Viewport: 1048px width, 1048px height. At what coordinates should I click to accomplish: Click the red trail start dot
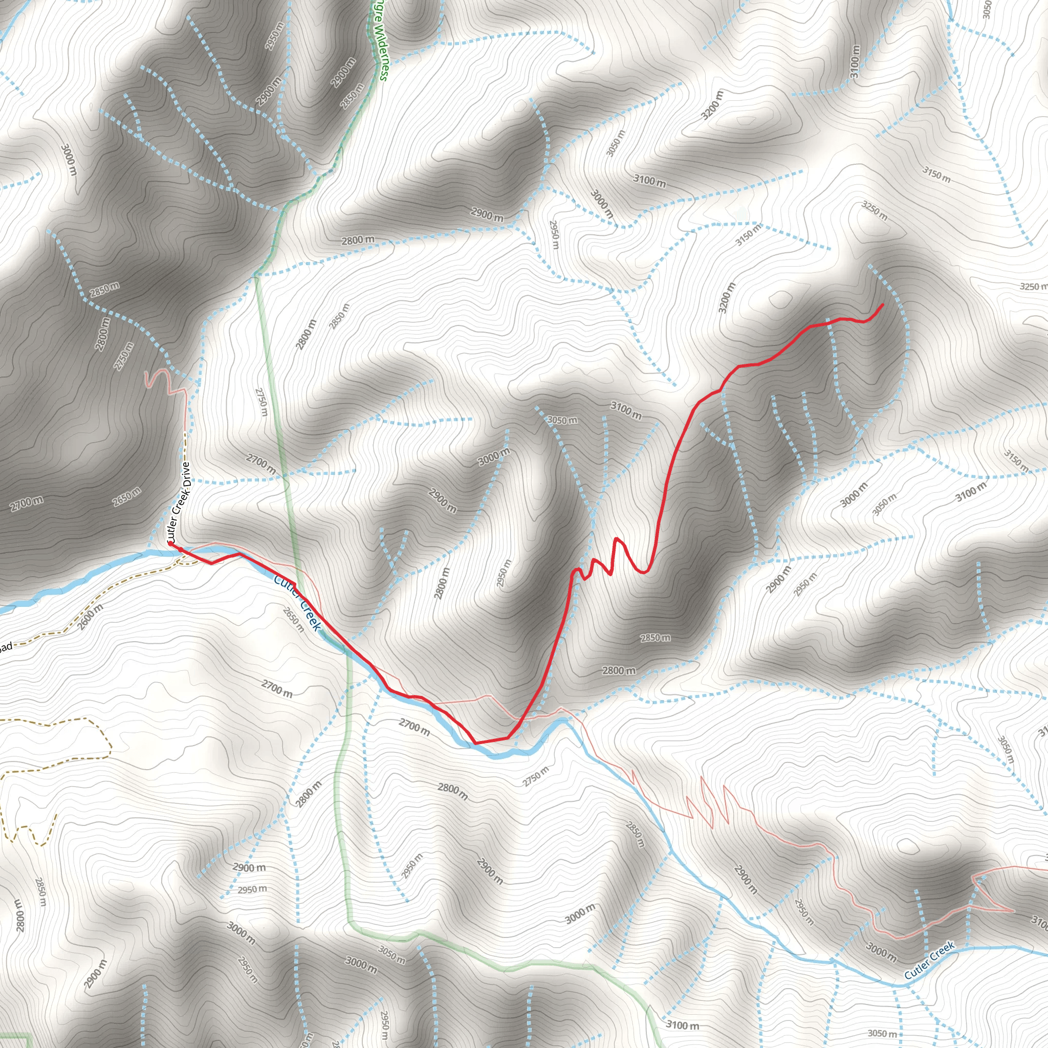(170, 543)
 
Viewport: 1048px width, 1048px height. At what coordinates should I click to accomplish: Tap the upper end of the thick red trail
(883, 305)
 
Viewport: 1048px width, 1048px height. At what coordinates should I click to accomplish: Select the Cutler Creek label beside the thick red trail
(297, 603)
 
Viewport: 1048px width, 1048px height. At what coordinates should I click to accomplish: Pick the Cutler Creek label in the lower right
(929, 961)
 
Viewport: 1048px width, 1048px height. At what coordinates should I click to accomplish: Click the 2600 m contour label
(90, 617)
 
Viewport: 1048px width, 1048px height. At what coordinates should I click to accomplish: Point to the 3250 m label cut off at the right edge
(1033, 287)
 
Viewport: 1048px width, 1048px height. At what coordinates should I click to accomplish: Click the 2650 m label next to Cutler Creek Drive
(127, 497)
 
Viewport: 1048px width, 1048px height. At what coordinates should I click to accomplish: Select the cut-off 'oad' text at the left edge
(6, 647)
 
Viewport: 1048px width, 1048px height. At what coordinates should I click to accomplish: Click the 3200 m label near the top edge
(712, 105)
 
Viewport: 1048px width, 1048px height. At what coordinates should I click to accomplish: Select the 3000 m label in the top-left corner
(69, 160)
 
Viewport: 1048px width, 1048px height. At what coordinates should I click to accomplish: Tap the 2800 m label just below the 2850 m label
(619, 671)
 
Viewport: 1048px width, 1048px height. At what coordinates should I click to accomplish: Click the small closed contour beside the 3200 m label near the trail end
(780, 298)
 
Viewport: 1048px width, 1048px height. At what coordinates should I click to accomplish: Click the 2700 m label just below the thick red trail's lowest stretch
(414, 727)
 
